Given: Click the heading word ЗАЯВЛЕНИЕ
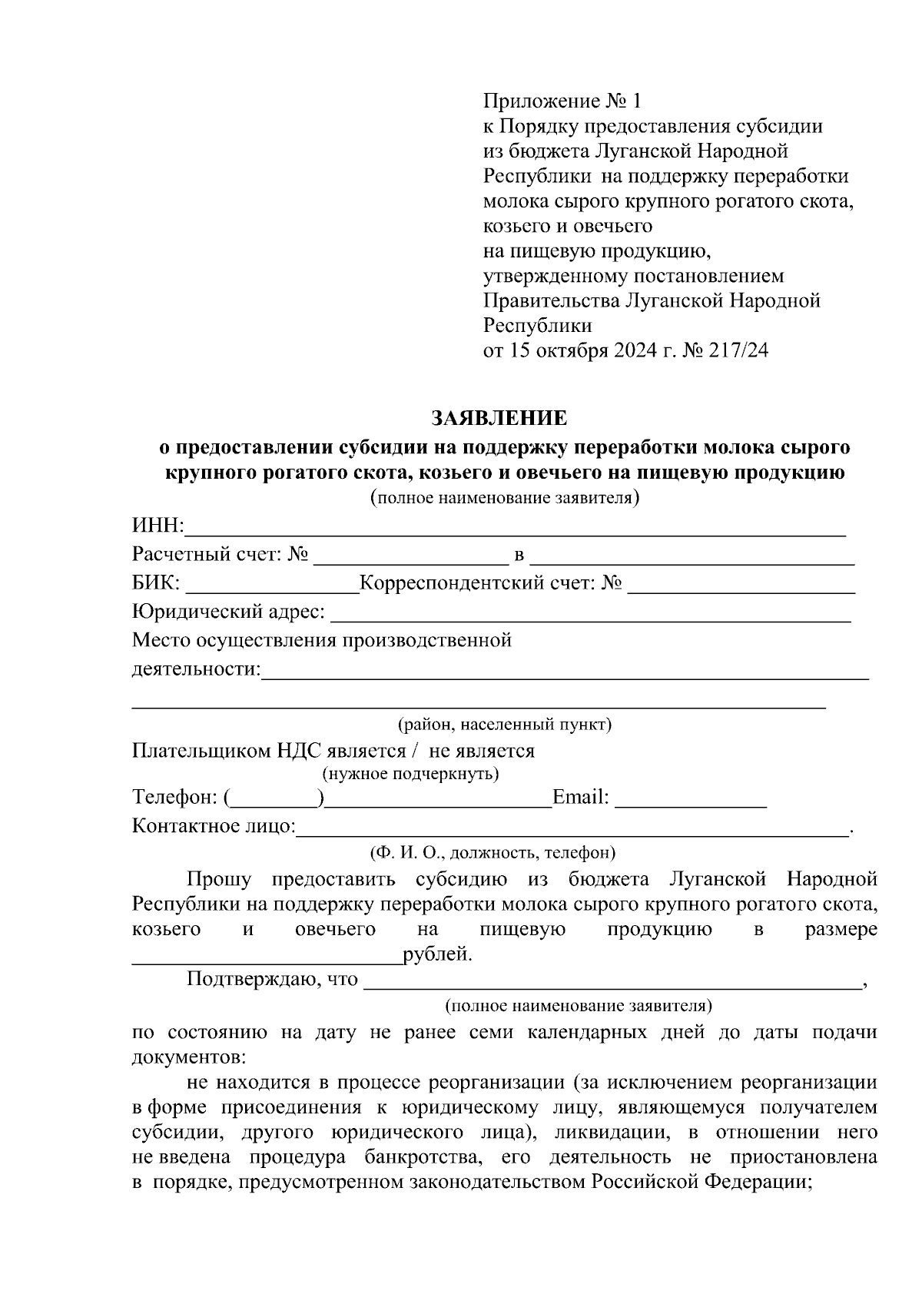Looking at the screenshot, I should (x=499, y=418).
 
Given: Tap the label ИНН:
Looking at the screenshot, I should (x=158, y=526).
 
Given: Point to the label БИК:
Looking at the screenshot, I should (x=156, y=584).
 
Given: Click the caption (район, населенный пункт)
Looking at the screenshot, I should (x=504, y=724).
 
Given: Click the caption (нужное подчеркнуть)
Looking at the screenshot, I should (x=410, y=773).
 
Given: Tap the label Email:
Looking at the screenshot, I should (x=581, y=798).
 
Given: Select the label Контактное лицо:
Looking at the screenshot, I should (x=214, y=826).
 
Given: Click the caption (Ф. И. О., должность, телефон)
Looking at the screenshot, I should (x=492, y=852).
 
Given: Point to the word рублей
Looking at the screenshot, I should (x=437, y=955).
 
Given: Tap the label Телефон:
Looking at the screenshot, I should (x=176, y=798).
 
